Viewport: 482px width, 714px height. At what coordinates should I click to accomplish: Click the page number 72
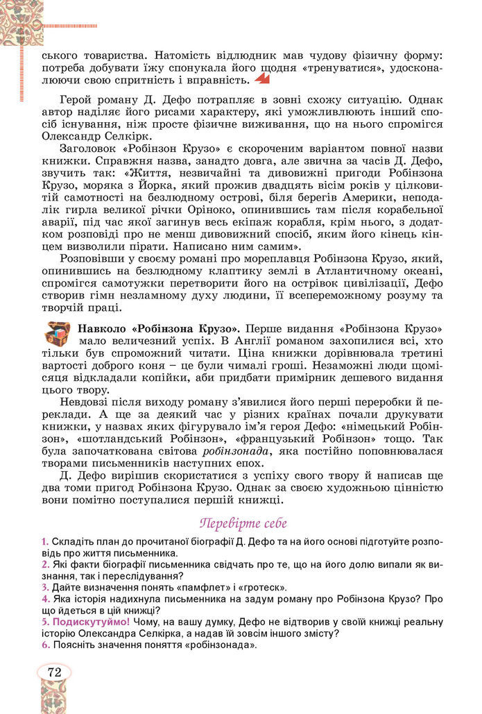pyautogui.click(x=54, y=671)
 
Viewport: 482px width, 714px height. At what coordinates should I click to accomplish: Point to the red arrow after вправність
pyautogui.click(x=261, y=81)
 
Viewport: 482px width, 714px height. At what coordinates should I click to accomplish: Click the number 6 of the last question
pyautogui.click(x=44, y=645)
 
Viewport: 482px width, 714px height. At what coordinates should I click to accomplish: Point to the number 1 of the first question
pyautogui.click(x=44, y=541)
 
